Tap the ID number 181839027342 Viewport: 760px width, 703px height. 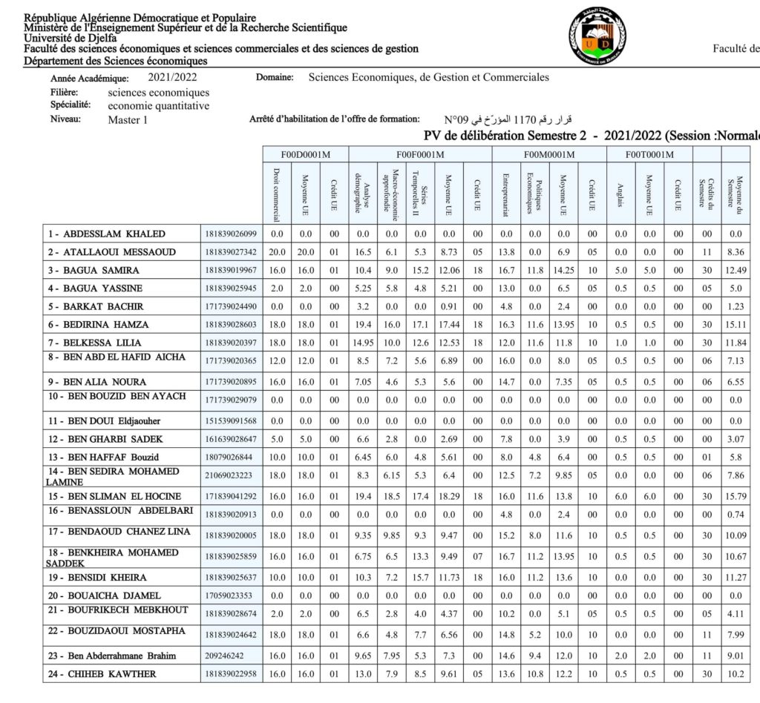pos(230,252)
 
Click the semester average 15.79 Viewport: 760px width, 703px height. pos(734,495)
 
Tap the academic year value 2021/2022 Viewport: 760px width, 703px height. pos(172,77)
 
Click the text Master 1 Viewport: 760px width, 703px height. pos(128,119)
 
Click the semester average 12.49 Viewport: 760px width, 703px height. pos(734,270)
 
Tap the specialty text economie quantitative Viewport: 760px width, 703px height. pos(159,105)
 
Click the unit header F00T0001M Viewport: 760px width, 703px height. pos(649,154)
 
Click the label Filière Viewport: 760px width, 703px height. pos(65,92)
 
